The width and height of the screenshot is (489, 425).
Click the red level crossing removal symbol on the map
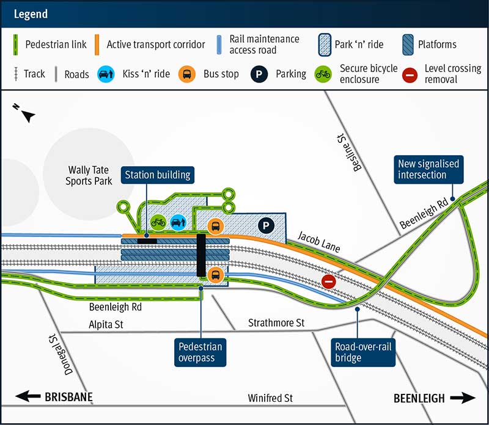pos(329,281)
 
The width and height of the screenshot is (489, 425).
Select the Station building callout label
pos(158,175)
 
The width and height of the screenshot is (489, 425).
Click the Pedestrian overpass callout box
pos(200,352)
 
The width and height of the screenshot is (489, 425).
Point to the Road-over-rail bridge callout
pos(365,352)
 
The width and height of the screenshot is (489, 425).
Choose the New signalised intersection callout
pos(428,169)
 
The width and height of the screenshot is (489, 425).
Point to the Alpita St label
pos(106,325)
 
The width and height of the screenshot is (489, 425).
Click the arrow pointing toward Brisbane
pos(28,397)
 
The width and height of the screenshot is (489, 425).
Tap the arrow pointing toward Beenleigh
pos(463,398)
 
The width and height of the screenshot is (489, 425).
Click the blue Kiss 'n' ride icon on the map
pos(177,222)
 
